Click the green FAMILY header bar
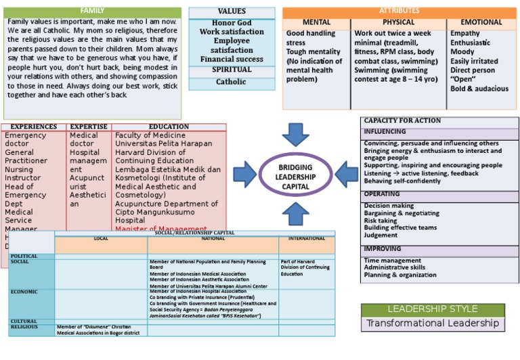[x=92, y=12]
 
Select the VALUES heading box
[x=232, y=12]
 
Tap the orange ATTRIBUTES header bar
[x=399, y=12]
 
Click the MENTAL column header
[x=316, y=22]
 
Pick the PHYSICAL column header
[x=398, y=22]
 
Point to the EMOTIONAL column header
[x=481, y=22]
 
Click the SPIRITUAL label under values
[x=232, y=70]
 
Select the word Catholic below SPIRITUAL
[x=232, y=82]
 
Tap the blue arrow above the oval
[x=295, y=134]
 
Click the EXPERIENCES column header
[x=33, y=127]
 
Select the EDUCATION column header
[x=169, y=127]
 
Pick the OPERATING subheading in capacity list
[x=383, y=194]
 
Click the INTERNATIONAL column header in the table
[x=307, y=239]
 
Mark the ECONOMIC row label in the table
[x=24, y=292]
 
